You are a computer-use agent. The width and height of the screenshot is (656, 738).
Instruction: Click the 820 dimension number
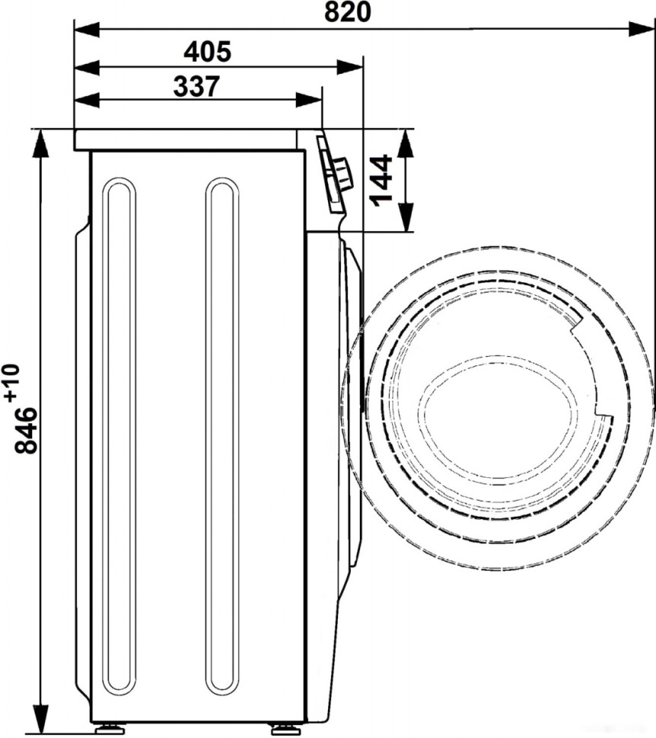[x=348, y=12]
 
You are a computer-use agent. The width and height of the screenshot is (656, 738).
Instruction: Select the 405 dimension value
[x=207, y=52]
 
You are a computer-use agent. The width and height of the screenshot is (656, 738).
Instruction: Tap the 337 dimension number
[x=196, y=86]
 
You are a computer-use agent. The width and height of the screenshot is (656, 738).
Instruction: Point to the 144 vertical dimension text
[x=381, y=180]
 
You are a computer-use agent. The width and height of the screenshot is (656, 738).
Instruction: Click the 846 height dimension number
[x=27, y=430]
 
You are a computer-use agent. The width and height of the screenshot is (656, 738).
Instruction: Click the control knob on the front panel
[x=344, y=174]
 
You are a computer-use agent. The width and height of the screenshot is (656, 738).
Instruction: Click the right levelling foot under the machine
[x=282, y=728]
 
